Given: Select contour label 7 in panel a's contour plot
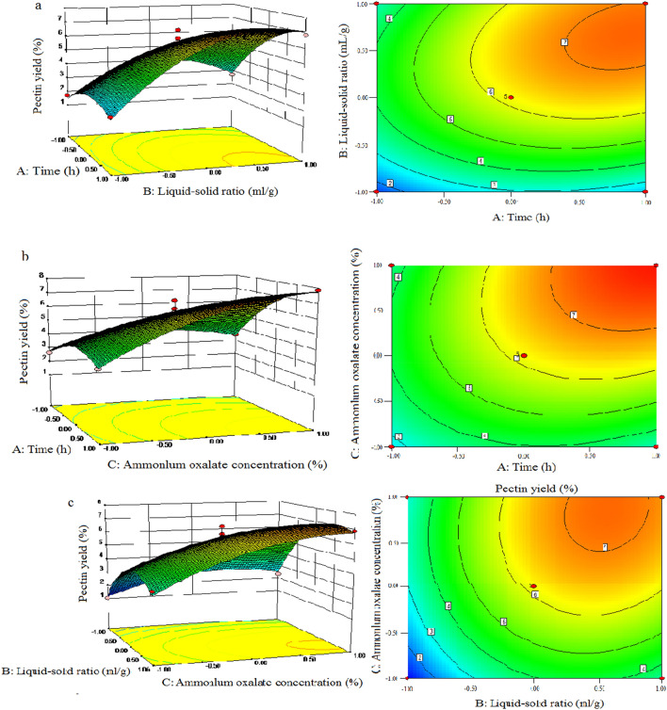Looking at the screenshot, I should (563, 43).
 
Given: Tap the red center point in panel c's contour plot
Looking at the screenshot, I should (534, 587).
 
